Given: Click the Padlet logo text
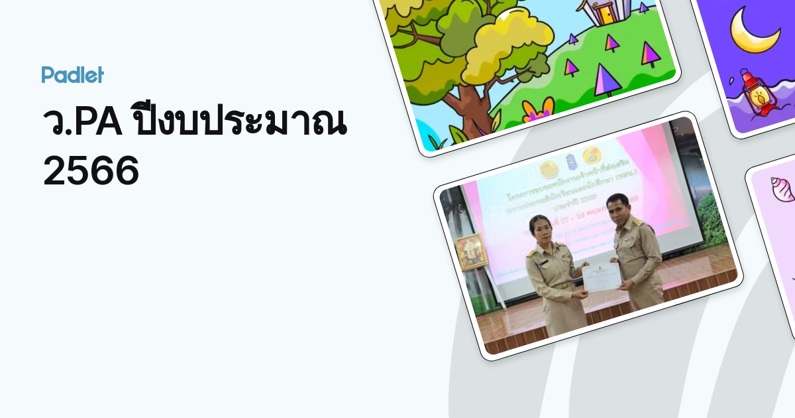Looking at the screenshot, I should pos(72,75).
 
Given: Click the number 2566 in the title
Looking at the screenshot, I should pos(91,172).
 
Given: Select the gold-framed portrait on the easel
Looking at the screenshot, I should pos(471,251).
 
